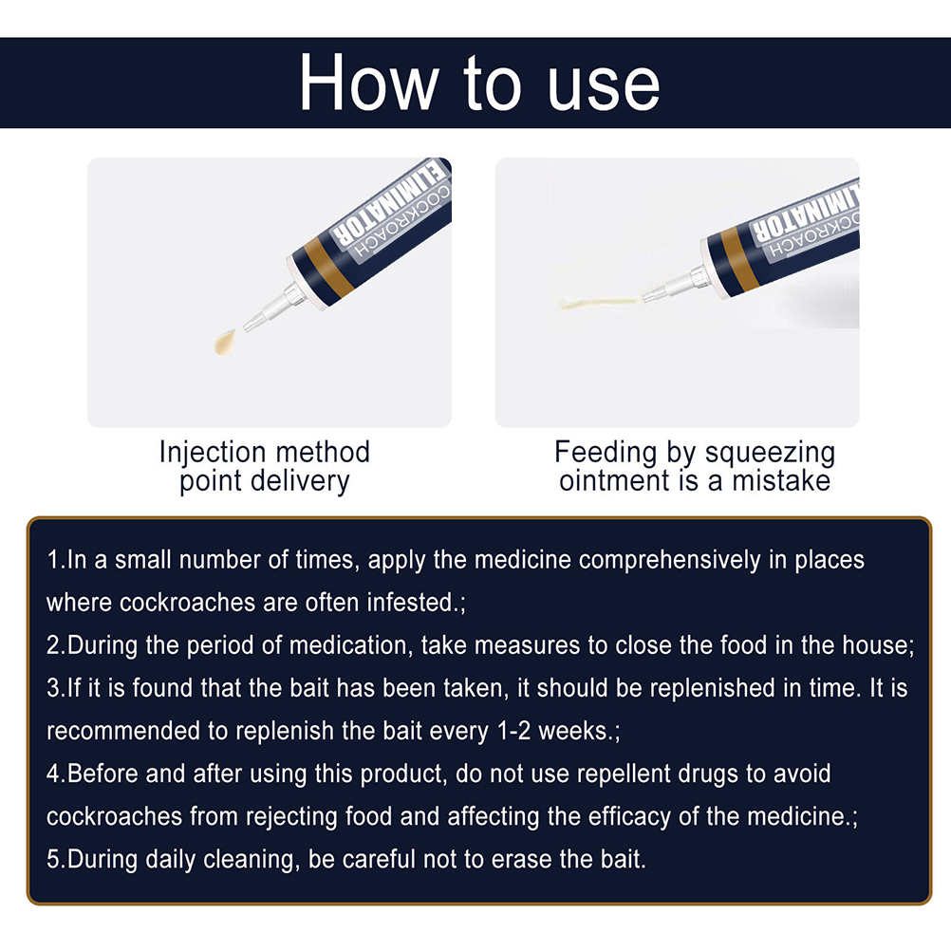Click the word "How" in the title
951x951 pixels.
(x=369, y=83)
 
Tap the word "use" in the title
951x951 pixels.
(x=604, y=88)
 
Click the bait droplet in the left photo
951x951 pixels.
(x=225, y=342)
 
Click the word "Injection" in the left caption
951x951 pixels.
(x=213, y=453)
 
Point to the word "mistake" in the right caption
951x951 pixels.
(x=780, y=481)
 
